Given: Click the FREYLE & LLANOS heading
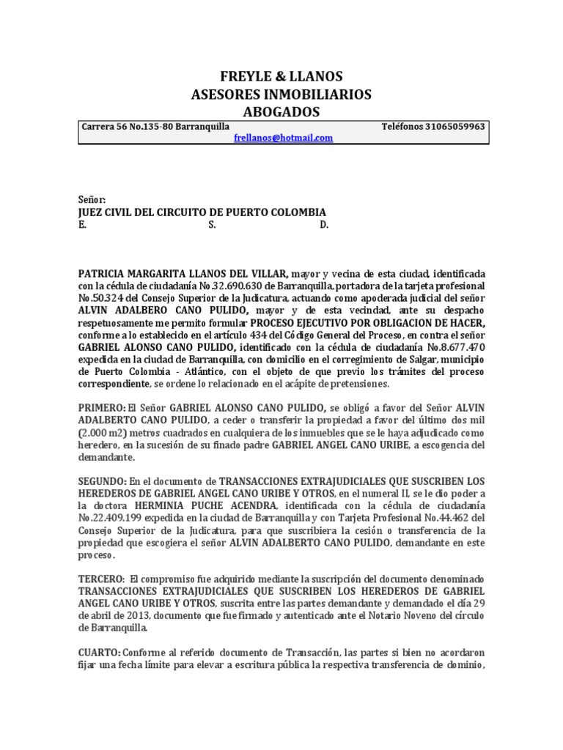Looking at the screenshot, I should click(x=281, y=77).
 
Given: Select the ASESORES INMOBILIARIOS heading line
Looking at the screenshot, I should click(x=281, y=94).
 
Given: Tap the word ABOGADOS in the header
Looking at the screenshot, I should click(x=281, y=112).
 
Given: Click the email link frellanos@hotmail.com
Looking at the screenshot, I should click(x=283, y=138).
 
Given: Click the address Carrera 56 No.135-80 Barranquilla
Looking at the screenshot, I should click(x=145, y=127).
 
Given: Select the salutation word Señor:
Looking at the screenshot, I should click(x=92, y=200).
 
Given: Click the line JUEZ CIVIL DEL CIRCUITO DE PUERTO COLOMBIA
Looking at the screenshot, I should click(x=202, y=212).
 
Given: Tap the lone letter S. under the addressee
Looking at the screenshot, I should click(x=212, y=225).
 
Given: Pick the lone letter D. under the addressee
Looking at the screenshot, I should click(x=324, y=225).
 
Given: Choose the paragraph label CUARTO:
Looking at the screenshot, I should click(x=100, y=652).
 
